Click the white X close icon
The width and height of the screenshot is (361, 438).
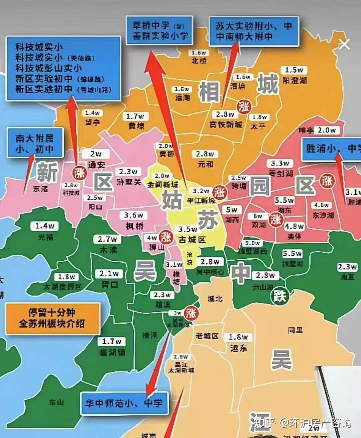tap(344, 44)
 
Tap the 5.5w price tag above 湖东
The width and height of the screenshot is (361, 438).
tap(284, 200)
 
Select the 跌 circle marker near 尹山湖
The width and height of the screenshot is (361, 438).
tap(280, 295)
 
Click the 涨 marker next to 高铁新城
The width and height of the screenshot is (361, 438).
tap(244, 107)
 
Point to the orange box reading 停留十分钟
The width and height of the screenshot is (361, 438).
tap(52, 318)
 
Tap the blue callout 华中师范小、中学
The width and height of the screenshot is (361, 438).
tap(124, 403)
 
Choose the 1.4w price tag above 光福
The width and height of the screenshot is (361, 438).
tap(45, 226)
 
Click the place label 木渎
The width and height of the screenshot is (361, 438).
tap(109, 250)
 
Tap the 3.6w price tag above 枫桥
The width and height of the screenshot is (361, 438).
tap(133, 215)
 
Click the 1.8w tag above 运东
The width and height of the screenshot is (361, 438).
tap(238, 337)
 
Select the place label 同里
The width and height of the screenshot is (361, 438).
tap(295, 330)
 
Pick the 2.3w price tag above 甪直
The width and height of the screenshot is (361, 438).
tap(347, 267)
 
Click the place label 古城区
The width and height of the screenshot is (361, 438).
tap(192, 240)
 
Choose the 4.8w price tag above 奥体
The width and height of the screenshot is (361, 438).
tap(294, 227)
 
